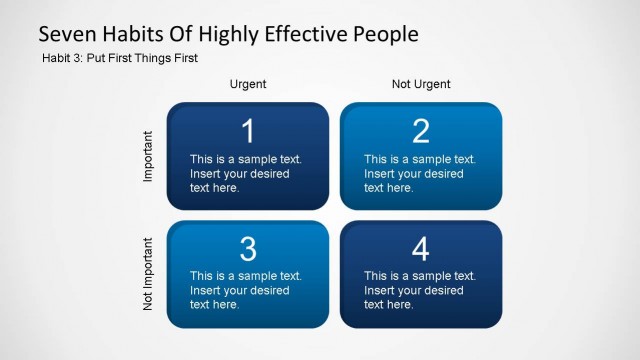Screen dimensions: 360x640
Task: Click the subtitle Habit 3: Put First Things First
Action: click(x=120, y=58)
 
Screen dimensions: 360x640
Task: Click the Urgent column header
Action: click(x=248, y=84)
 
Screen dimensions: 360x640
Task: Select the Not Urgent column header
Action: click(x=421, y=84)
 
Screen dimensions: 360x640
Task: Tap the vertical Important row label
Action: click(x=148, y=155)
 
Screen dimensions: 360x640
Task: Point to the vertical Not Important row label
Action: click(x=148, y=273)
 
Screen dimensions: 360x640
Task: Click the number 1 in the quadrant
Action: click(x=248, y=131)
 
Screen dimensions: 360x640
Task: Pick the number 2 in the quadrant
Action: click(x=421, y=131)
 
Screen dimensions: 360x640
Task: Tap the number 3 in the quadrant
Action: click(x=248, y=249)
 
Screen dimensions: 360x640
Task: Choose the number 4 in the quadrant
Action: click(x=421, y=249)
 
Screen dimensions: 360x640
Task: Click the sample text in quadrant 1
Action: click(x=245, y=173)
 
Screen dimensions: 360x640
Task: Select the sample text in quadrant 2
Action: click(x=419, y=173)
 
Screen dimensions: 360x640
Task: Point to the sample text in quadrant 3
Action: click(x=245, y=290)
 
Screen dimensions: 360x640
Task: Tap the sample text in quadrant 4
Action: click(x=419, y=290)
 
